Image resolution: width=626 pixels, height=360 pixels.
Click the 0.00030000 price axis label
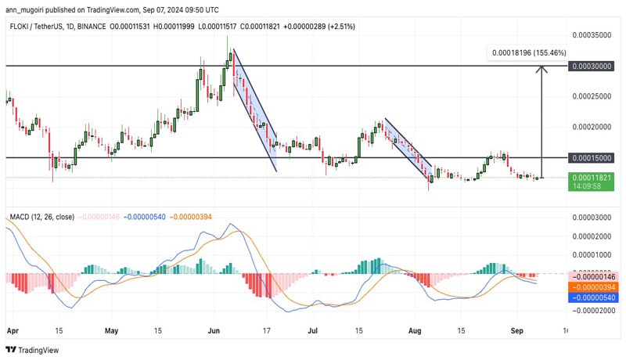pyautogui.click(x=592, y=67)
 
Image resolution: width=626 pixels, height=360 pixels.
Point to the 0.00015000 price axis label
pyautogui.click(x=592, y=158)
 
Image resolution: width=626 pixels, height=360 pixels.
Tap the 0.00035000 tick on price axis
pyautogui.click(x=592, y=36)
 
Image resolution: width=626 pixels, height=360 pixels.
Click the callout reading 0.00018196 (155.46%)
pyautogui.click(x=529, y=52)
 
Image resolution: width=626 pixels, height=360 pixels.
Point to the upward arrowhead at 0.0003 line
pyautogui.click(x=541, y=70)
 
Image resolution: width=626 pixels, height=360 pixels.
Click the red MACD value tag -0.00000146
pyautogui.click(x=592, y=276)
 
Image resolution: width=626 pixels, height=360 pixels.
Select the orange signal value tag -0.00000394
pyautogui.click(x=592, y=287)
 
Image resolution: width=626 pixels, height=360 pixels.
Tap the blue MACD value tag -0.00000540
pyautogui.click(x=592, y=298)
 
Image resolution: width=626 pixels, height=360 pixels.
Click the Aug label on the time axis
pyautogui.click(x=416, y=331)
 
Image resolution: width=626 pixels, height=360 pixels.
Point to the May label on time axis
pyautogui.click(x=112, y=331)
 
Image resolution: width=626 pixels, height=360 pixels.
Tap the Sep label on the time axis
pyautogui.click(x=518, y=331)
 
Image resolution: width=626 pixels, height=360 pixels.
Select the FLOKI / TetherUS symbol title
pyautogui.click(x=40, y=25)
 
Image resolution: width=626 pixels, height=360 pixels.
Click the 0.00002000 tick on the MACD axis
pyautogui.click(x=592, y=236)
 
